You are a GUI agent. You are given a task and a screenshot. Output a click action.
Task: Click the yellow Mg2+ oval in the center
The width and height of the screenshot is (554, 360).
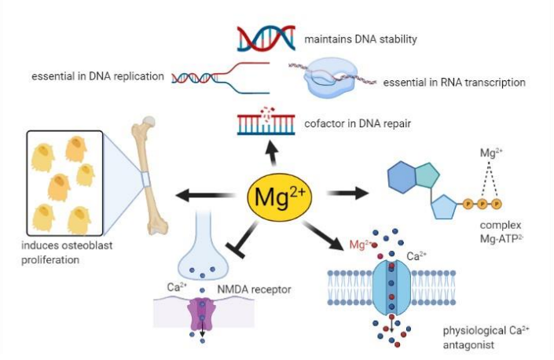click(280, 197)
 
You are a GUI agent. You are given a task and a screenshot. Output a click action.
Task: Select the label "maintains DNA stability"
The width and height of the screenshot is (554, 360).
click(361, 39)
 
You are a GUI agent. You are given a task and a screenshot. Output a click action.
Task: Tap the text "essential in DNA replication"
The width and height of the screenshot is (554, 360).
click(97, 76)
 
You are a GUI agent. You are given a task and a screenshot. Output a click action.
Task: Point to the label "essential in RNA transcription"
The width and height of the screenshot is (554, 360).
click(454, 83)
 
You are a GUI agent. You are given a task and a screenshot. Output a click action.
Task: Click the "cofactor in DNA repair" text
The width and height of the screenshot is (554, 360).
click(358, 123)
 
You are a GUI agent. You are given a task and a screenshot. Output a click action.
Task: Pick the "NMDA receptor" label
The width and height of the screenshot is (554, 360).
click(254, 289)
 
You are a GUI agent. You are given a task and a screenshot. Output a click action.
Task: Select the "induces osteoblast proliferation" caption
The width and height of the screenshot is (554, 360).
click(67, 252)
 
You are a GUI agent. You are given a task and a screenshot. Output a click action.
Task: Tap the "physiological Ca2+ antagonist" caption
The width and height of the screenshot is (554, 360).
click(486, 337)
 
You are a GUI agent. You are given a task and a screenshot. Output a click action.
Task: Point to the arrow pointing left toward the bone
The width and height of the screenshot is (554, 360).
click(206, 195)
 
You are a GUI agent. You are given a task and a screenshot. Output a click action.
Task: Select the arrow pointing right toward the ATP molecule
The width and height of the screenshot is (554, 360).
click(347, 193)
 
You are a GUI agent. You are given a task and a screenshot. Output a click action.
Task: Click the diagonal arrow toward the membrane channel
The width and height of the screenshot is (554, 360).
click(323, 236)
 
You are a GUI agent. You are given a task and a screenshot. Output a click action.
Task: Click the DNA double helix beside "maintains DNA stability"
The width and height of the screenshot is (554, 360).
click(266, 39)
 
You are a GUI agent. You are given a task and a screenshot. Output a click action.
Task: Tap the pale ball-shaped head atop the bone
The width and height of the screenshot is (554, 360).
click(149, 122)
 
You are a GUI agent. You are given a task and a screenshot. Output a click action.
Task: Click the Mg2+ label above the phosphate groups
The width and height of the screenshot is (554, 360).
click(491, 152)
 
